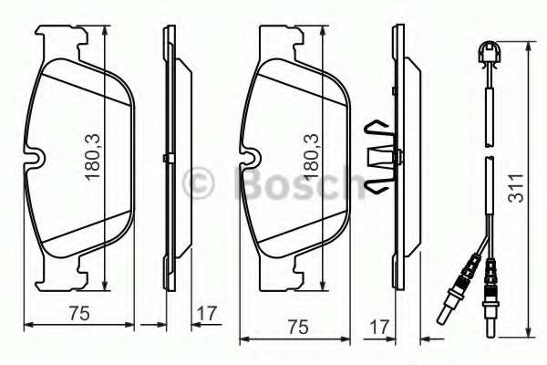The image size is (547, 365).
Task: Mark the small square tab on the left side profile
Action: tap(167, 161)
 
